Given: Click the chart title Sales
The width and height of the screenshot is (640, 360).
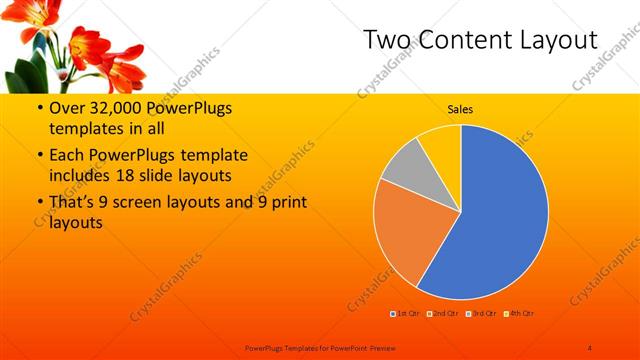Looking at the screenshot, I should point(460,109).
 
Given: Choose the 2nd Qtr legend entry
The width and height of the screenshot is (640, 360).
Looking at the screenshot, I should point(445,315).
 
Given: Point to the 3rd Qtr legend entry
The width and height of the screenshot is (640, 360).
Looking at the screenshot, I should point(481,315).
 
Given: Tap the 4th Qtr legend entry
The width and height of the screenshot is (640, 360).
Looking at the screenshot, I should point(517,315).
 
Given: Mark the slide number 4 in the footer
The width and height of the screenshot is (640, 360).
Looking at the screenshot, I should point(589,347).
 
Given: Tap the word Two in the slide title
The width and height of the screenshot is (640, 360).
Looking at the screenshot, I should point(385,40).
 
